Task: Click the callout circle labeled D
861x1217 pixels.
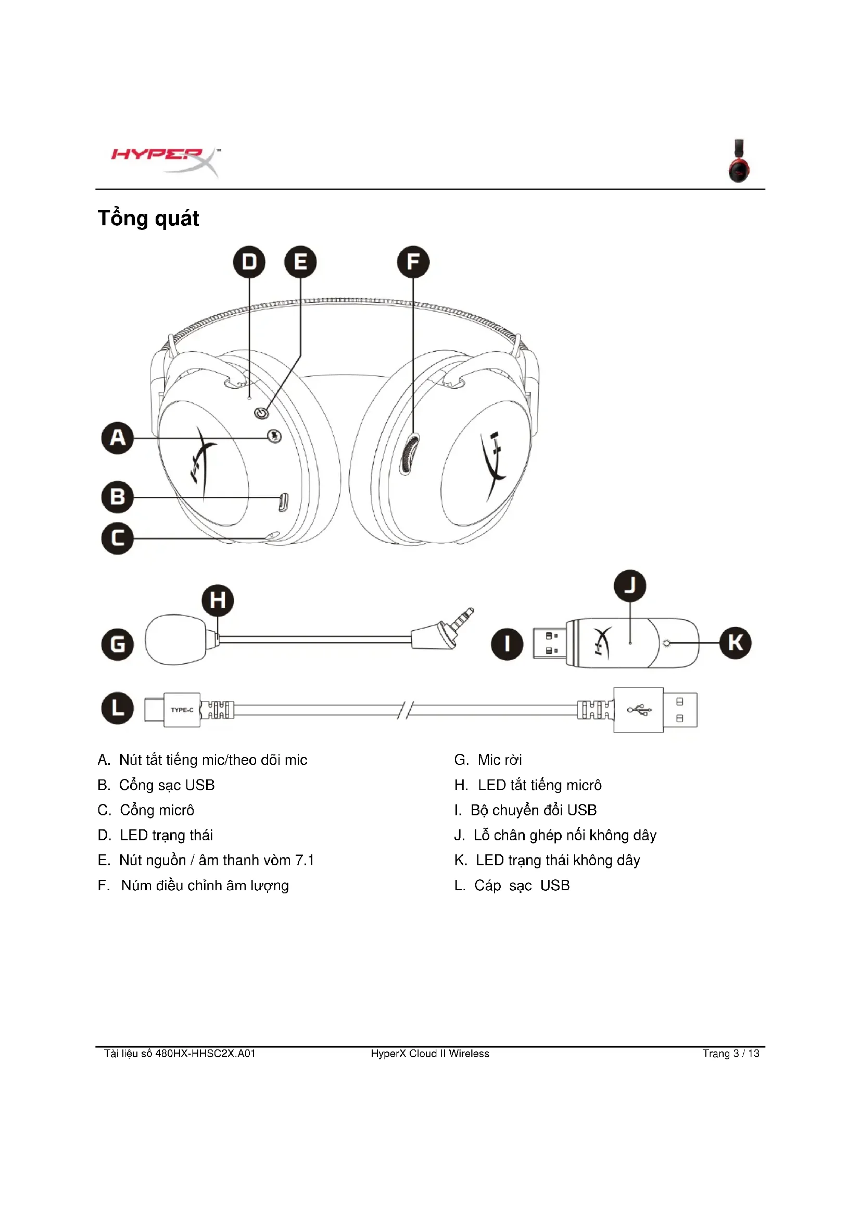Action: [249, 262]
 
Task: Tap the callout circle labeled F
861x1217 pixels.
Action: [413, 262]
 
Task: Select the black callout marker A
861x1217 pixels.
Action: [117, 438]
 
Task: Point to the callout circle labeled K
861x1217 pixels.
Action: [735, 643]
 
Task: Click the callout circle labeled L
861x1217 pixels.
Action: [117, 708]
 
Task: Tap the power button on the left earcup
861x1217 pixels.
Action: [260, 413]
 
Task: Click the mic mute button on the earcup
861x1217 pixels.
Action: [274, 436]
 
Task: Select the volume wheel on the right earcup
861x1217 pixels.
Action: [409, 454]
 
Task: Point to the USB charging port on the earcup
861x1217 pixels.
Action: [284, 502]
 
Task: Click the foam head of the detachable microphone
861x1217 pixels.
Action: [175, 639]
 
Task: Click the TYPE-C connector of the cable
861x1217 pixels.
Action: [181, 710]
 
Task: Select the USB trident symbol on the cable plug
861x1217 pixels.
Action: [639, 709]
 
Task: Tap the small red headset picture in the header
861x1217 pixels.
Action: [739, 161]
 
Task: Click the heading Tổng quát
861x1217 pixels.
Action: [148, 219]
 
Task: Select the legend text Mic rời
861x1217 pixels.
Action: [499, 760]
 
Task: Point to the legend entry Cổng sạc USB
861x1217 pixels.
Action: [167, 785]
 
